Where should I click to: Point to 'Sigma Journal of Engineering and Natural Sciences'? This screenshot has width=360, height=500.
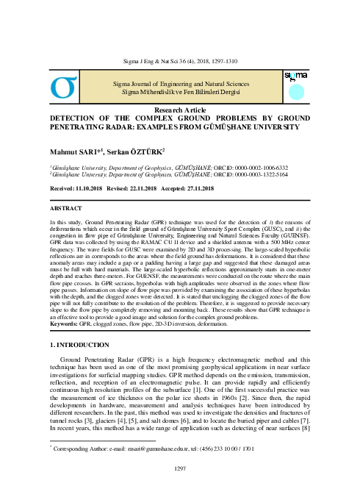(x=180, y=82)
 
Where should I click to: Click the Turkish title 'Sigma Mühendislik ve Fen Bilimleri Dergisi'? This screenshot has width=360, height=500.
(x=180, y=90)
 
